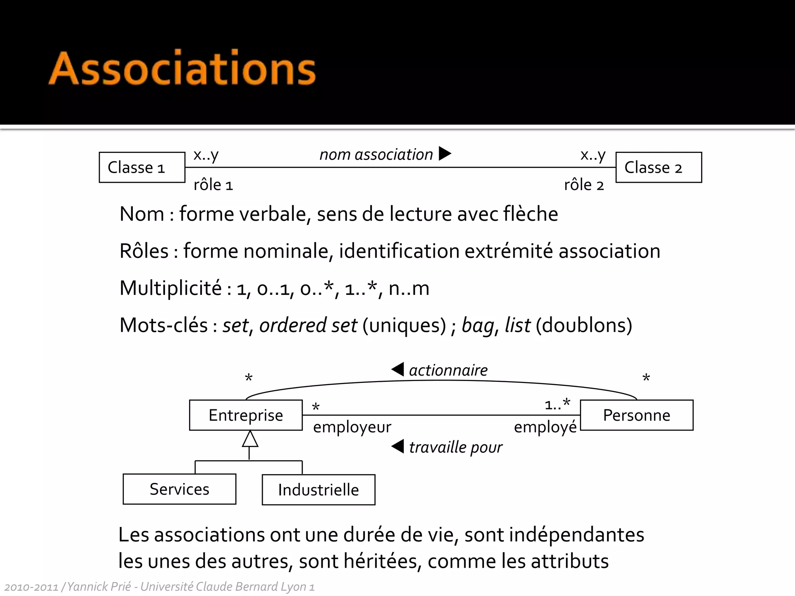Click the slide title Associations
pos(182,69)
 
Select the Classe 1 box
pos(142,167)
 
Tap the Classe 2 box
pos(658,167)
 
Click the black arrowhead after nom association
pos(444,153)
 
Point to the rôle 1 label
pos(213,185)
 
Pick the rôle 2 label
pos(584,185)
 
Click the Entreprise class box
pos(246,415)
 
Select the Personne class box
pos(636,415)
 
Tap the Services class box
pos(179,489)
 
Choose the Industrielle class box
pos(318,490)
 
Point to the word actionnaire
pos(448,370)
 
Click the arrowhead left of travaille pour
pos(398,446)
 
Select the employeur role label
pos(352,427)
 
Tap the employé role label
pos(545,427)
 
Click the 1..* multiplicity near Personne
pos(557,404)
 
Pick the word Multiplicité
pos(170,288)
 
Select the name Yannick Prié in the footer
pos(99,586)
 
